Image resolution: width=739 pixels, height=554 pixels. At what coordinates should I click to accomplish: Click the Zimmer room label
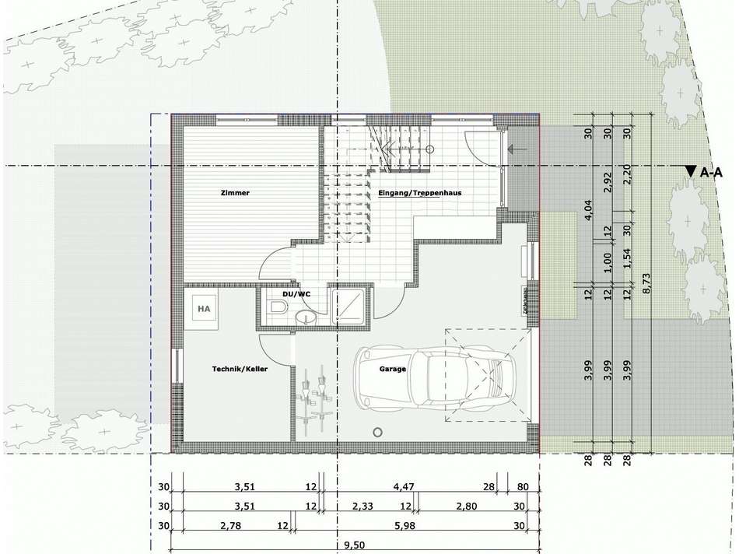pos(235,193)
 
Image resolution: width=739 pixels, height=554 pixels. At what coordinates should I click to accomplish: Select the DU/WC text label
pos(296,294)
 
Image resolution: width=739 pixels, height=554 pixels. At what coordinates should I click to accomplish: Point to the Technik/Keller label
pos(240,369)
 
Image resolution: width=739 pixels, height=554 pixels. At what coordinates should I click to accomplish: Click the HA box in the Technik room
pos(205,309)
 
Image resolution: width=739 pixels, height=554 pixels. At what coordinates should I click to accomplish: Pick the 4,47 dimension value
pos(404,488)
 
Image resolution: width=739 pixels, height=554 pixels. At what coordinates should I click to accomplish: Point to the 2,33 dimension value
pos(362,507)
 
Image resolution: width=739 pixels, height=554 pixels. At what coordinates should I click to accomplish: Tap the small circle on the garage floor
pos(378,432)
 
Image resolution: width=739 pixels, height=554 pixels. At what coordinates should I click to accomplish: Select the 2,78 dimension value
pos(230,527)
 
